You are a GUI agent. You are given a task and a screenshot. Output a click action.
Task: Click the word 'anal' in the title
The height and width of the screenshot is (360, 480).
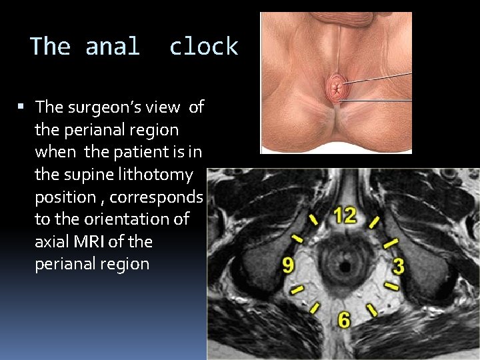(x=113, y=47)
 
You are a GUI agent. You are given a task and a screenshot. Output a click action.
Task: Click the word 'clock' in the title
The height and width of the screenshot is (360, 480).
(x=203, y=47)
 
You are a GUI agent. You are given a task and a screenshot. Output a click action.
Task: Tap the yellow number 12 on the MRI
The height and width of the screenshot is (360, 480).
(x=345, y=215)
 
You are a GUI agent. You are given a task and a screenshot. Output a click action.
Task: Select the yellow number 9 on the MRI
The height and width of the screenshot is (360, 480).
(x=287, y=266)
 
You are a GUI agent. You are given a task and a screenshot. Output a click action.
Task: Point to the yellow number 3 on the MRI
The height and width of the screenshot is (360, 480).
(x=398, y=267)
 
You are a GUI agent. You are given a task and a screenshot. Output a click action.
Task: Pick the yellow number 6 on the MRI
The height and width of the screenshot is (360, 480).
(x=343, y=320)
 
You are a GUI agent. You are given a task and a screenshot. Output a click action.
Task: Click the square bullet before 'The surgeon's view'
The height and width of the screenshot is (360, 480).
(x=21, y=107)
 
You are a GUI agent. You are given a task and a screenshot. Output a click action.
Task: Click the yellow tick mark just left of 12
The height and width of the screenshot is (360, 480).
(x=313, y=220)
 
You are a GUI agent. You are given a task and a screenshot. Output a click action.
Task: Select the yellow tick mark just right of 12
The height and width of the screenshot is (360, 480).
(x=375, y=221)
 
